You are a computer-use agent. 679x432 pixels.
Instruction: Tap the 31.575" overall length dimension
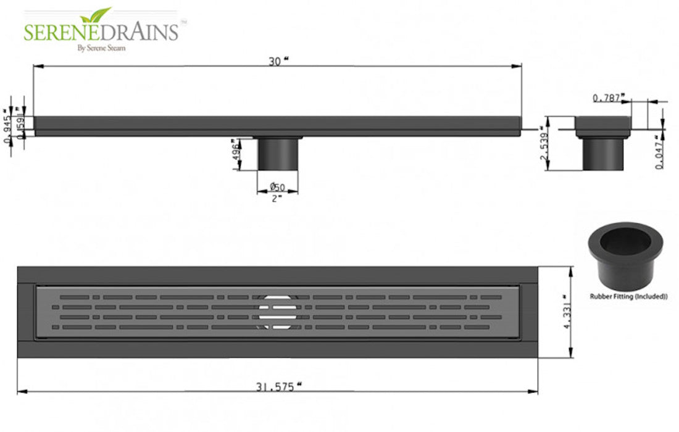point(278,387)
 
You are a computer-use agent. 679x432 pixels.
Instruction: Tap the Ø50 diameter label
point(278,186)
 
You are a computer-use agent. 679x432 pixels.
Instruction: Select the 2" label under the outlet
point(277,197)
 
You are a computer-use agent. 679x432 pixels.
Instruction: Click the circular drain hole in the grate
point(277,310)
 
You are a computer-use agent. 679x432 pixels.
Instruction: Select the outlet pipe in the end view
point(603,154)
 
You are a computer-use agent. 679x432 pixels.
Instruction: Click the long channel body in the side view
point(278,125)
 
